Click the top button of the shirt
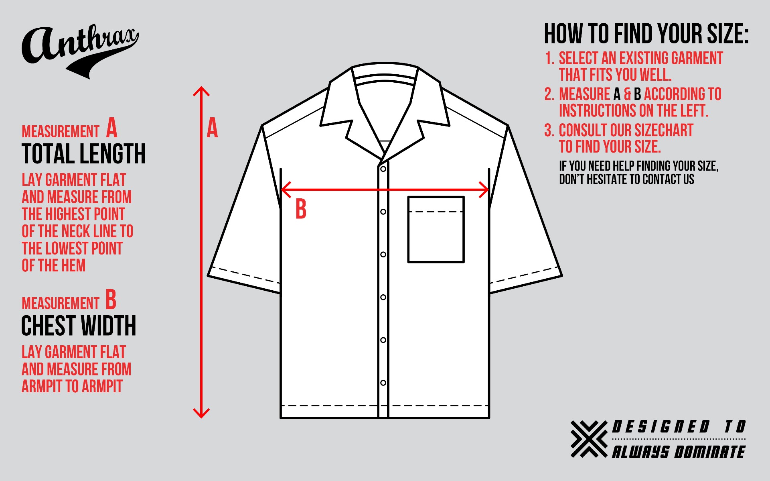[383, 169]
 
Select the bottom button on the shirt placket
[383, 383]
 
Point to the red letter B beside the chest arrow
[301, 209]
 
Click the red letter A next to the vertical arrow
[212, 128]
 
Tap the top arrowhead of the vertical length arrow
[201, 92]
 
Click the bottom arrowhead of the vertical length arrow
[201, 413]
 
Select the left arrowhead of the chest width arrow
[286, 190]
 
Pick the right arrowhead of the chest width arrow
[484, 190]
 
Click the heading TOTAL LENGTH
[83, 154]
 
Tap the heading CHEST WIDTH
[79, 325]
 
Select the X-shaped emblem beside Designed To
[589, 439]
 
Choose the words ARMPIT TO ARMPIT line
[72, 386]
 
